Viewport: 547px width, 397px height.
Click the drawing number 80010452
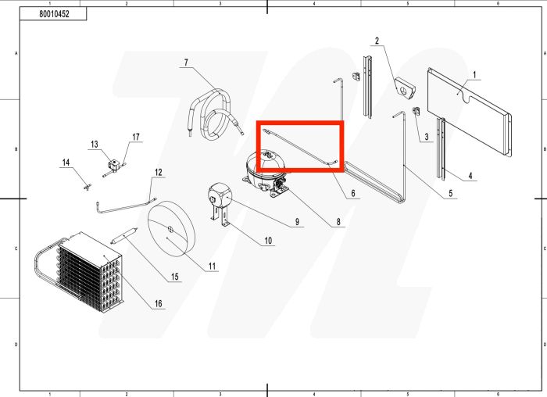[54, 14]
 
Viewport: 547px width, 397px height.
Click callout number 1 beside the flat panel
[474, 75]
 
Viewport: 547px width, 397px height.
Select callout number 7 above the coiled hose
[186, 63]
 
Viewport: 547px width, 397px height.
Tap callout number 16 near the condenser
[159, 303]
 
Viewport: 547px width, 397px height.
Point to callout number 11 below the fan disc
[212, 266]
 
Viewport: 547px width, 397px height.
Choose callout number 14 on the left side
[66, 163]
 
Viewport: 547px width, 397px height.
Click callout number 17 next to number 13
[136, 137]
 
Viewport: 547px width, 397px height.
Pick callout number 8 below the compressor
[338, 222]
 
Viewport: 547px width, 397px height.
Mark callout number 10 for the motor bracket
[268, 241]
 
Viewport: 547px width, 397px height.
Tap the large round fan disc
[170, 229]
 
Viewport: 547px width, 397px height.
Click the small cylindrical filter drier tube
[124, 235]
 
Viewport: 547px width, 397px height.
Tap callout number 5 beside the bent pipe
[450, 193]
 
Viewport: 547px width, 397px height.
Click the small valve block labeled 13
[114, 164]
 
